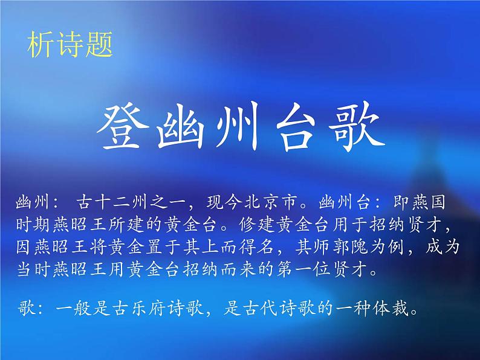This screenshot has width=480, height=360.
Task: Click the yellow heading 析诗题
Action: [x=70, y=46]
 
